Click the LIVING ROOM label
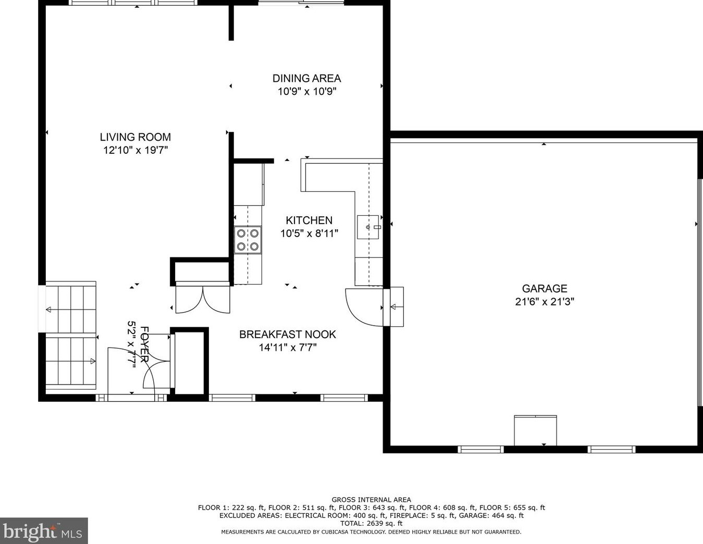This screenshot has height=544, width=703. click(135, 137)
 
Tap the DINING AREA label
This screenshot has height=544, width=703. click(306, 78)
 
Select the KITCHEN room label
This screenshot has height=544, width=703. click(309, 220)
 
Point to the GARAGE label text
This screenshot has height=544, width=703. click(545, 288)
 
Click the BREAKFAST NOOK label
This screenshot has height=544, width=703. click(287, 335)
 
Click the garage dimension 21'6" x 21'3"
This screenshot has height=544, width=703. click(545, 302)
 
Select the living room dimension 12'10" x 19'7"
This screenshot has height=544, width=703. click(135, 151)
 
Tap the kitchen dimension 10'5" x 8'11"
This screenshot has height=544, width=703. click(309, 233)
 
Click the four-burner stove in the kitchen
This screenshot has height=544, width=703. click(248, 240)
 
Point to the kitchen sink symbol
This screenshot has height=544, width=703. click(368, 227)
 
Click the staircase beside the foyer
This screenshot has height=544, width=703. click(71, 336)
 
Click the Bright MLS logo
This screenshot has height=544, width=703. click(44, 531)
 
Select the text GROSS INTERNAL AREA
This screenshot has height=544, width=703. click(371, 500)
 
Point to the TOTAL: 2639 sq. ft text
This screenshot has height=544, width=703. click(371, 523)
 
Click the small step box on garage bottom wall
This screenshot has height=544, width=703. click(535, 430)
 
